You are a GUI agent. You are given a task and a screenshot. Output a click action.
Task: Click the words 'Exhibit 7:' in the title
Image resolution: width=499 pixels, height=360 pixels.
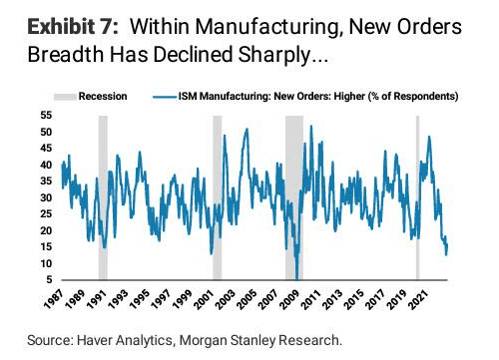click(x=73, y=27)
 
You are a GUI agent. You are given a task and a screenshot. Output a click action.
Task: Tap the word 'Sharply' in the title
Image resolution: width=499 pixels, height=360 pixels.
click(x=274, y=55)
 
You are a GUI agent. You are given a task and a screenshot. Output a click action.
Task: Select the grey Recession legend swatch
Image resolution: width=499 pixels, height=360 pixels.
click(x=65, y=97)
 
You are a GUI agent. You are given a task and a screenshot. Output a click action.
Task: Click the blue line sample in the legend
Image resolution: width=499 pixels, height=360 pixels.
click(x=165, y=97)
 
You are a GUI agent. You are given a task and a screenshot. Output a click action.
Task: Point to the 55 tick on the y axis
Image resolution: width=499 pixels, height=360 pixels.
click(x=46, y=116)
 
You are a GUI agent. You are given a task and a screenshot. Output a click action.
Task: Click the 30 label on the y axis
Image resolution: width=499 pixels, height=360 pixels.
click(x=46, y=197)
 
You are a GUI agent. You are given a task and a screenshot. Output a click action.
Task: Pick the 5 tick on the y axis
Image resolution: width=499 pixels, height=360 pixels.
click(x=49, y=280)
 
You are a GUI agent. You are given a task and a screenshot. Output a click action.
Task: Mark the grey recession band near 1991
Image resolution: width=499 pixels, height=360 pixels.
click(x=103, y=197)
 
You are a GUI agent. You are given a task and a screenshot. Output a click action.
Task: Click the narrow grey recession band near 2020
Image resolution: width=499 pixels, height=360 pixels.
click(x=418, y=197)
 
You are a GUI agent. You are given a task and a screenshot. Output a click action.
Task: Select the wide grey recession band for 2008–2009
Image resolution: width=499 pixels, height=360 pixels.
click(x=294, y=197)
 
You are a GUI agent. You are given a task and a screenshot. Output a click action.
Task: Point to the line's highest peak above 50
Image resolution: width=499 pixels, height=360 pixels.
click(x=311, y=126)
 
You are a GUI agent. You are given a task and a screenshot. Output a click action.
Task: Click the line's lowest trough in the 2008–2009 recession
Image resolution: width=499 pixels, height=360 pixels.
click(x=297, y=279)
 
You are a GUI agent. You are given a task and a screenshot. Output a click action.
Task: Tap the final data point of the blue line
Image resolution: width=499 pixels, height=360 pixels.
click(x=447, y=245)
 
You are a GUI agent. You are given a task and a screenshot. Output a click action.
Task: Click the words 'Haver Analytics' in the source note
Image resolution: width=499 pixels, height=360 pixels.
click(x=125, y=340)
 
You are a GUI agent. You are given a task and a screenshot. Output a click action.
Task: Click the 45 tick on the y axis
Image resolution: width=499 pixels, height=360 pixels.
click(x=46, y=149)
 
